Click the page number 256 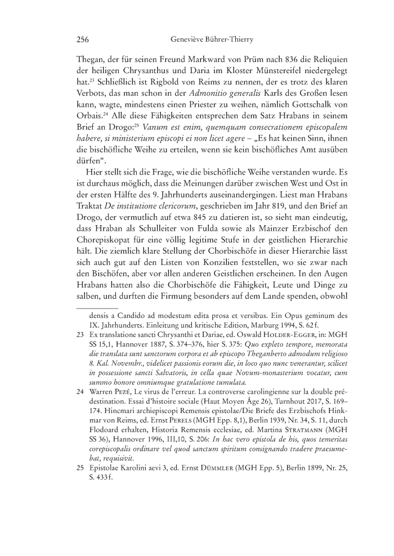83,40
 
